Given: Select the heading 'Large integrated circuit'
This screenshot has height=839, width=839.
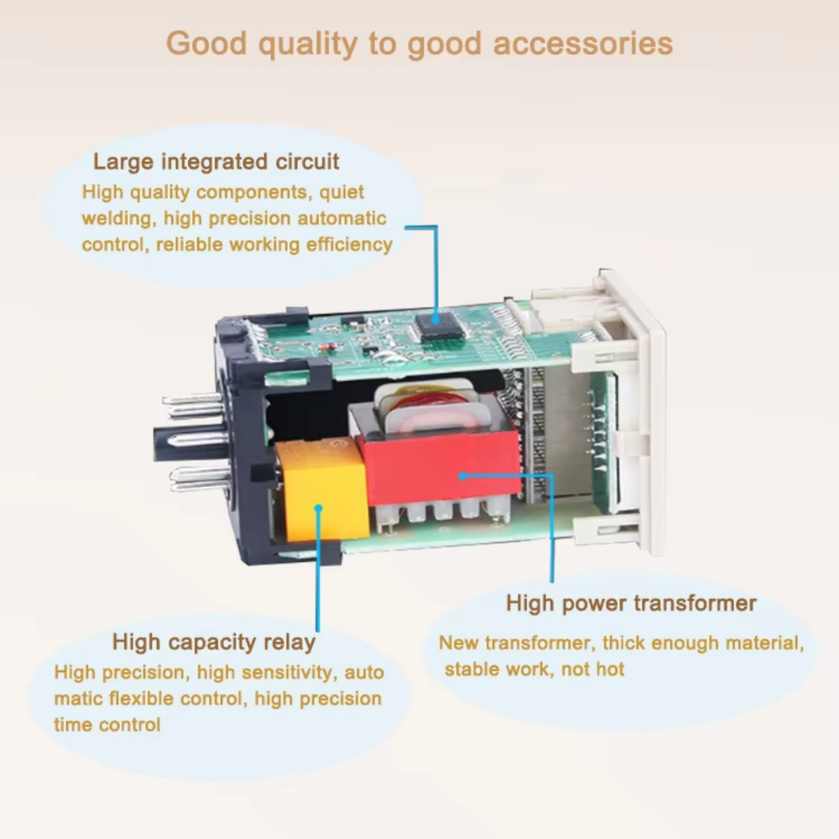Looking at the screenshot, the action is point(216,162).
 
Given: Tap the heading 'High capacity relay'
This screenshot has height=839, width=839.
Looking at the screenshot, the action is point(213,642).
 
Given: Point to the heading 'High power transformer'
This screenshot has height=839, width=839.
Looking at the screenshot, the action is point(631,603).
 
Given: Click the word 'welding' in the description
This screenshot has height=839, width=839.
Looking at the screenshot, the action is point(118,218).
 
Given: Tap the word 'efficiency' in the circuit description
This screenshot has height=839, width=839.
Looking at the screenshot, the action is point(349,245).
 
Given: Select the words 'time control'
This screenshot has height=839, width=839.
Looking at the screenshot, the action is point(107,725).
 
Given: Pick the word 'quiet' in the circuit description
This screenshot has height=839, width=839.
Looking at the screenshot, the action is point(341,191).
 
